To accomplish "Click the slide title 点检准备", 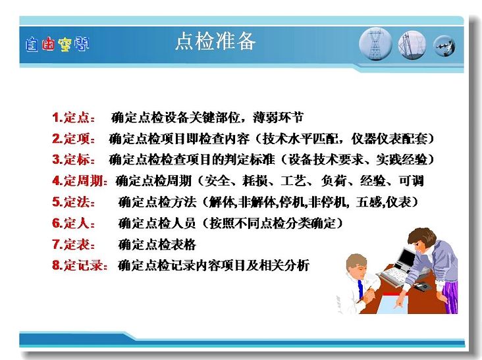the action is tap(215, 41).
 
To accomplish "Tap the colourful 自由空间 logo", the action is tap(57, 45).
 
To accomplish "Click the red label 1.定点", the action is tap(73, 118).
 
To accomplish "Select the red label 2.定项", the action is tap(73, 139).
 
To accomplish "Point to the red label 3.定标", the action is tap(73, 160).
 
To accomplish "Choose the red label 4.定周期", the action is tap(80, 180).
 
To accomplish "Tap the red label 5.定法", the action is tap(73, 202).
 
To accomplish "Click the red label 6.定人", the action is tap(73, 223).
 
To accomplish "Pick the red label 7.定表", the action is tap(73, 244).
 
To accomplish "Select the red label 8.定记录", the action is tap(80, 265).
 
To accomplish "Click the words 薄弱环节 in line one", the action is tap(278, 117).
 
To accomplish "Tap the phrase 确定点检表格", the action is tap(157, 245).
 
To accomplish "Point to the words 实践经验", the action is tap(402, 159).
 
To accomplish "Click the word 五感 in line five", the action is tap(369, 202).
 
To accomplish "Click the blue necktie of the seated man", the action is tap(360, 290).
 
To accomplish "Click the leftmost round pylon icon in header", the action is tap(375, 45).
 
